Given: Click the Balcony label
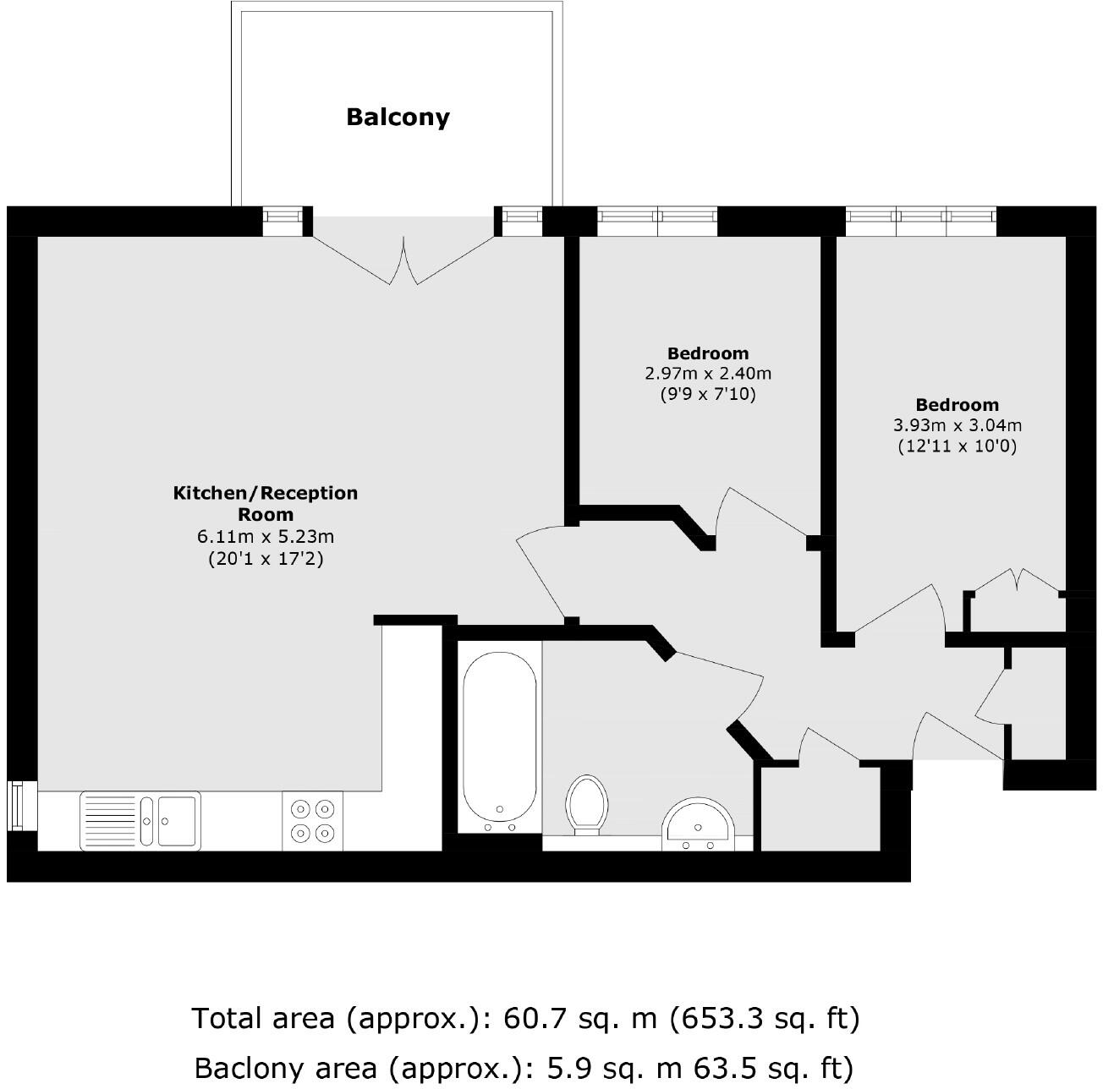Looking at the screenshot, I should point(398,117).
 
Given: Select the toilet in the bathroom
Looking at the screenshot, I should point(588,804).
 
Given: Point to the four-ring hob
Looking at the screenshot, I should point(312,821).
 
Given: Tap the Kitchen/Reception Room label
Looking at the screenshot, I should point(266,503).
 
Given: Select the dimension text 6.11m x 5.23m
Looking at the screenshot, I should point(266,537).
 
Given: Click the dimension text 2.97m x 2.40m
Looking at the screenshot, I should point(708,373).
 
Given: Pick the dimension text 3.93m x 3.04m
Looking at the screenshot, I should point(957,424).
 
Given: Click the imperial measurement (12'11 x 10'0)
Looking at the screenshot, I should point(957,446).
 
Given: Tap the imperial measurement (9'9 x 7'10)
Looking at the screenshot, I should point(708,394).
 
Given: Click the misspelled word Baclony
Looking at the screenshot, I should point(244,1067).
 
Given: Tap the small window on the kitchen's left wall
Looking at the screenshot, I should point(16,807).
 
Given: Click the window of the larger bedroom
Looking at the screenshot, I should point(922,222).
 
